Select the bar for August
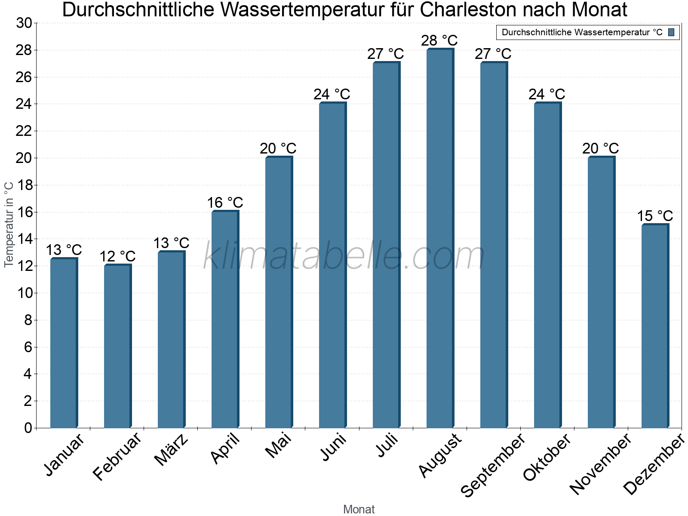click(439, 239)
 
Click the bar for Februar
click(117, 346)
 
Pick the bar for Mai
click(278, 292)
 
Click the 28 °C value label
click(439, 40)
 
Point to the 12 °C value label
click(117, 257)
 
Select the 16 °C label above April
click(225, 203)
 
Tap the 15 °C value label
click(654, 216)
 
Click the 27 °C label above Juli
click(385, 54)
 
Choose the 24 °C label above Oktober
click(547, 94)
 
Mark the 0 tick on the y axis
click(28, 428)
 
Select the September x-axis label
click(493, 464)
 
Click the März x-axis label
click(172, 449)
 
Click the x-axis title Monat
click(359, 509)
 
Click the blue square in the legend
click(671, 32)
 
